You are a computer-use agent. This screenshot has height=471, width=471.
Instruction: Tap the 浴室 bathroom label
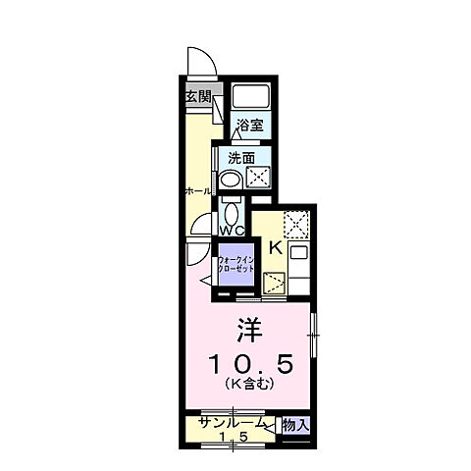[251, 125]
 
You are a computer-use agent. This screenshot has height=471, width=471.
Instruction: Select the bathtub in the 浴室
[250, 96]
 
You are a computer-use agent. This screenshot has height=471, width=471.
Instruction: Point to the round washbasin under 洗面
[229, 179]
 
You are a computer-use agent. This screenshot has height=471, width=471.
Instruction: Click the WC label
[232, 231]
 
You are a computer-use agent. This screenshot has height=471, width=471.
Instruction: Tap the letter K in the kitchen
[276, 247]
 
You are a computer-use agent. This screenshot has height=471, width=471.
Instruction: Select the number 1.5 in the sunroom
[232, 437]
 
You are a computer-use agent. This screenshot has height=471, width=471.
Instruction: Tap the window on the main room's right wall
[313, 337]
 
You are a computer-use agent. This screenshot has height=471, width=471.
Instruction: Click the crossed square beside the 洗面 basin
[258, 178]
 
